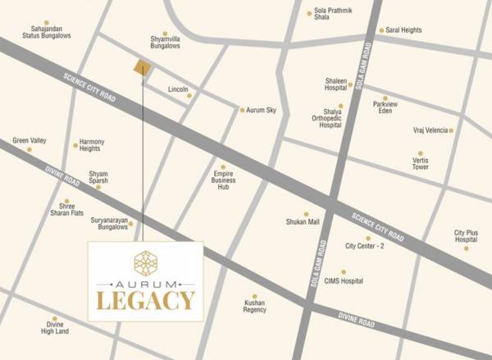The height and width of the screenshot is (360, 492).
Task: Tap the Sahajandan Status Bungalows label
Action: coord(47,32)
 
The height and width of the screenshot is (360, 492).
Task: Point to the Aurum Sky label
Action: coord(261,110)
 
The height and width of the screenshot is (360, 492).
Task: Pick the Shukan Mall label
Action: coord(307,221)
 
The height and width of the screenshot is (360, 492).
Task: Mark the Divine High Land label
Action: coord(57,327)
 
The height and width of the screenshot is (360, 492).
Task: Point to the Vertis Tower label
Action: coord(421,162)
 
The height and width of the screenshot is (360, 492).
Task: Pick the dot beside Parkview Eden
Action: coord(385,98)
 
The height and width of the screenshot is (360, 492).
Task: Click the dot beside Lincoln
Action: coord(189,96)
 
